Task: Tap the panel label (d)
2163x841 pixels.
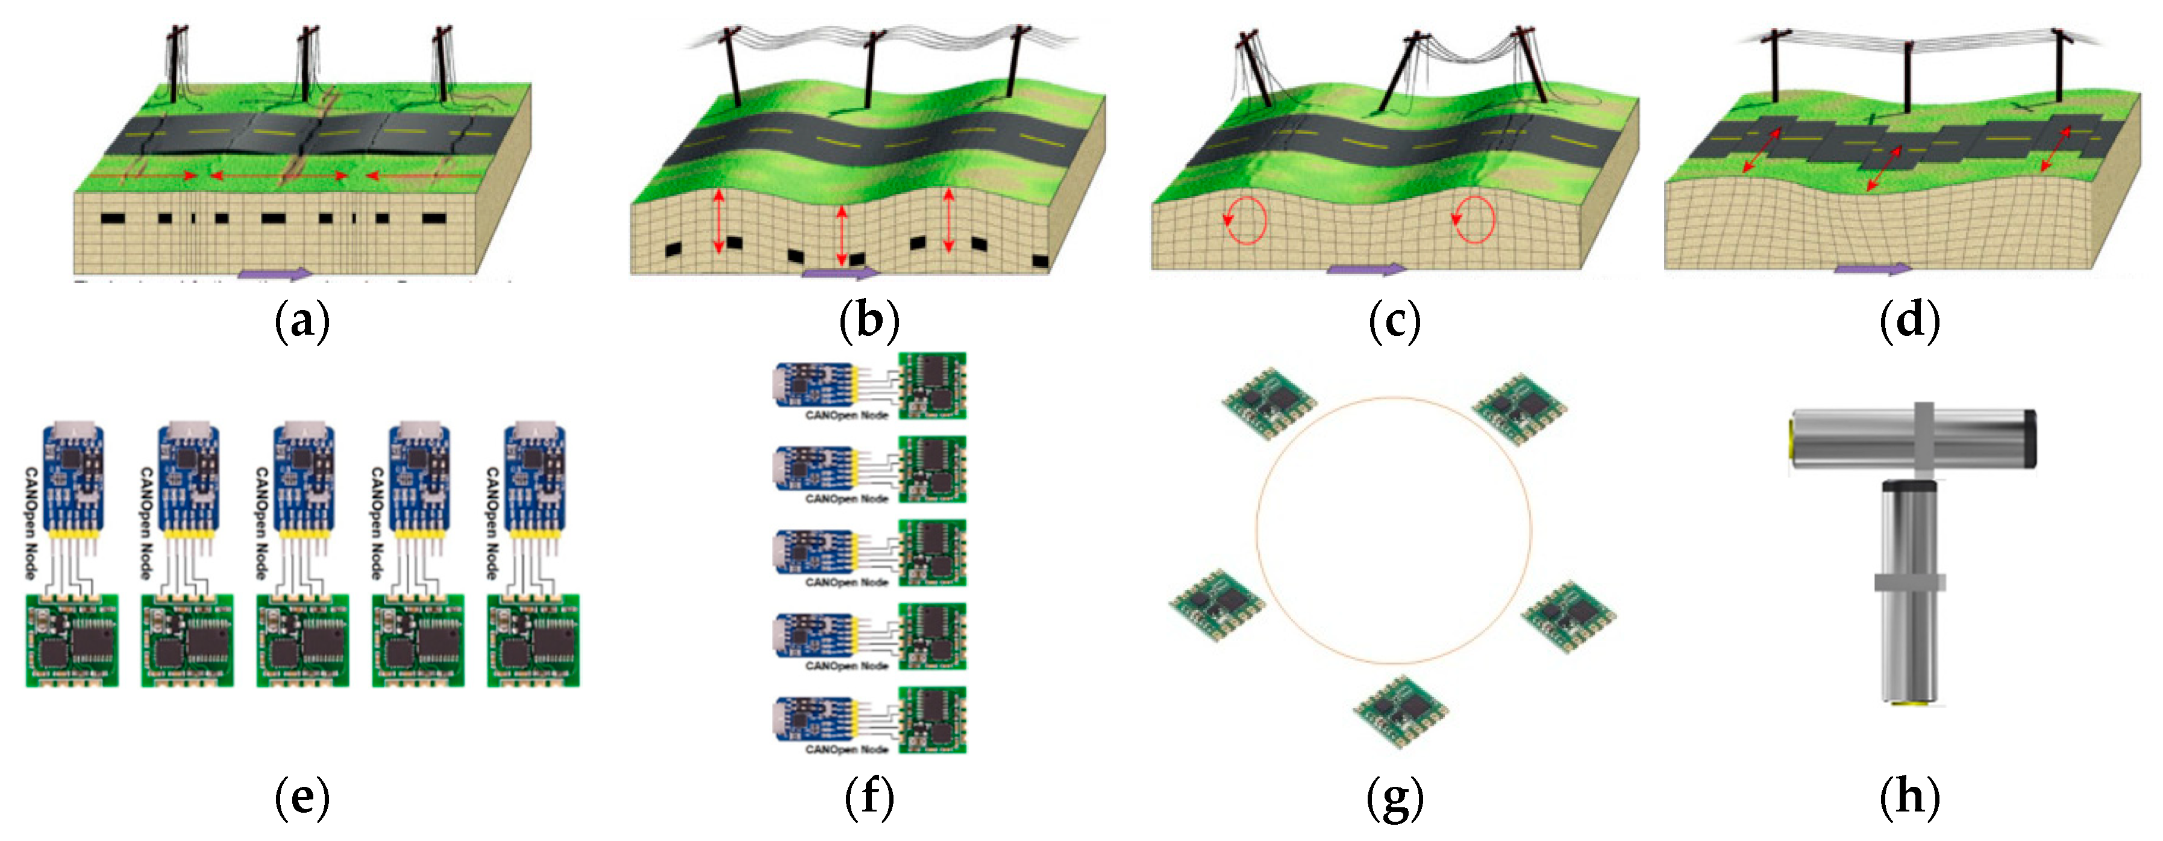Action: point(1909,321)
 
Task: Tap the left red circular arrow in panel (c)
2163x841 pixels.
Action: point(1246,220)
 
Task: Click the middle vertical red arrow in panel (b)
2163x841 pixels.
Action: point(841,236)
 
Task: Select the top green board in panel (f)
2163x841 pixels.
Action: point(932,385)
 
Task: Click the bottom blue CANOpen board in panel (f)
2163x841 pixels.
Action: point(812,719)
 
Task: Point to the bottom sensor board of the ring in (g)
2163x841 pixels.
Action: point(1401,712)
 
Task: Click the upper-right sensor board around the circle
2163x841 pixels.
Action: point(1520,408)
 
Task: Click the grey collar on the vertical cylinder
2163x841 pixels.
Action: point(1909,582)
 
